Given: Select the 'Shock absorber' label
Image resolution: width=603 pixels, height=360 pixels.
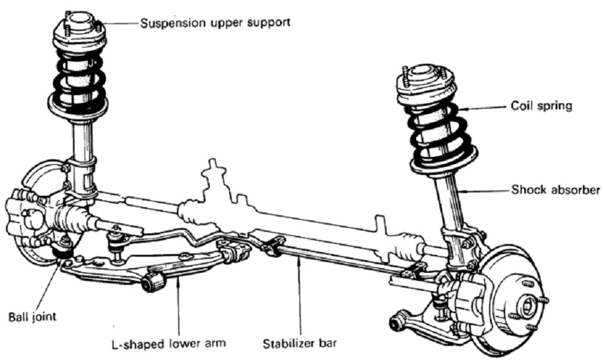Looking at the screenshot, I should [555, 190].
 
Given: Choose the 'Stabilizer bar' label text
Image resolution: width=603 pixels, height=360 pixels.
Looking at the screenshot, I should [300, 343].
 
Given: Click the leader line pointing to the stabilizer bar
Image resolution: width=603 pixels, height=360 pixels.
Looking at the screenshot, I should [299, 295].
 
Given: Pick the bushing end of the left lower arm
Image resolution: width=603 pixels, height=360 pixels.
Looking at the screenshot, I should [152, 282].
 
